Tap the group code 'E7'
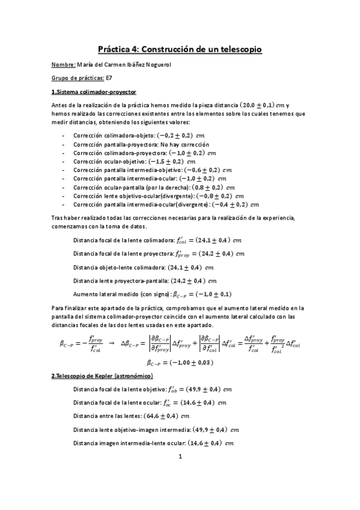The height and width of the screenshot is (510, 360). pyautogui.click(x=110, y=78)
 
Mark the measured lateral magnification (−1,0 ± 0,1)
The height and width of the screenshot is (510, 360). pyautogui.click(x=210, y=294)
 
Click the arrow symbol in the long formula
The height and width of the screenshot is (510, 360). pyautogui.click(x=111, y=343)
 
